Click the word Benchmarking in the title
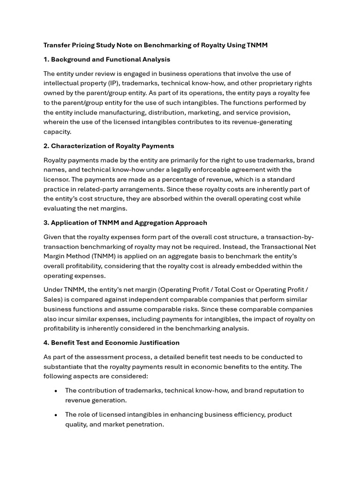tap(165, 45)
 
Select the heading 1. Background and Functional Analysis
tap(107, 60)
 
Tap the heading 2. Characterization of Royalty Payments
tap(109, 146)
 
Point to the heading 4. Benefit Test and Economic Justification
tap(112, 343)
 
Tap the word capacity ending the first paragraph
tap(57, 132)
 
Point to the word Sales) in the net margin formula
tap(54, 300)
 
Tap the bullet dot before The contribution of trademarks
tap(56, 391)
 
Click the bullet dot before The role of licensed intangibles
tap(56, 415)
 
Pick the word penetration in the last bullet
tap(142, 424)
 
